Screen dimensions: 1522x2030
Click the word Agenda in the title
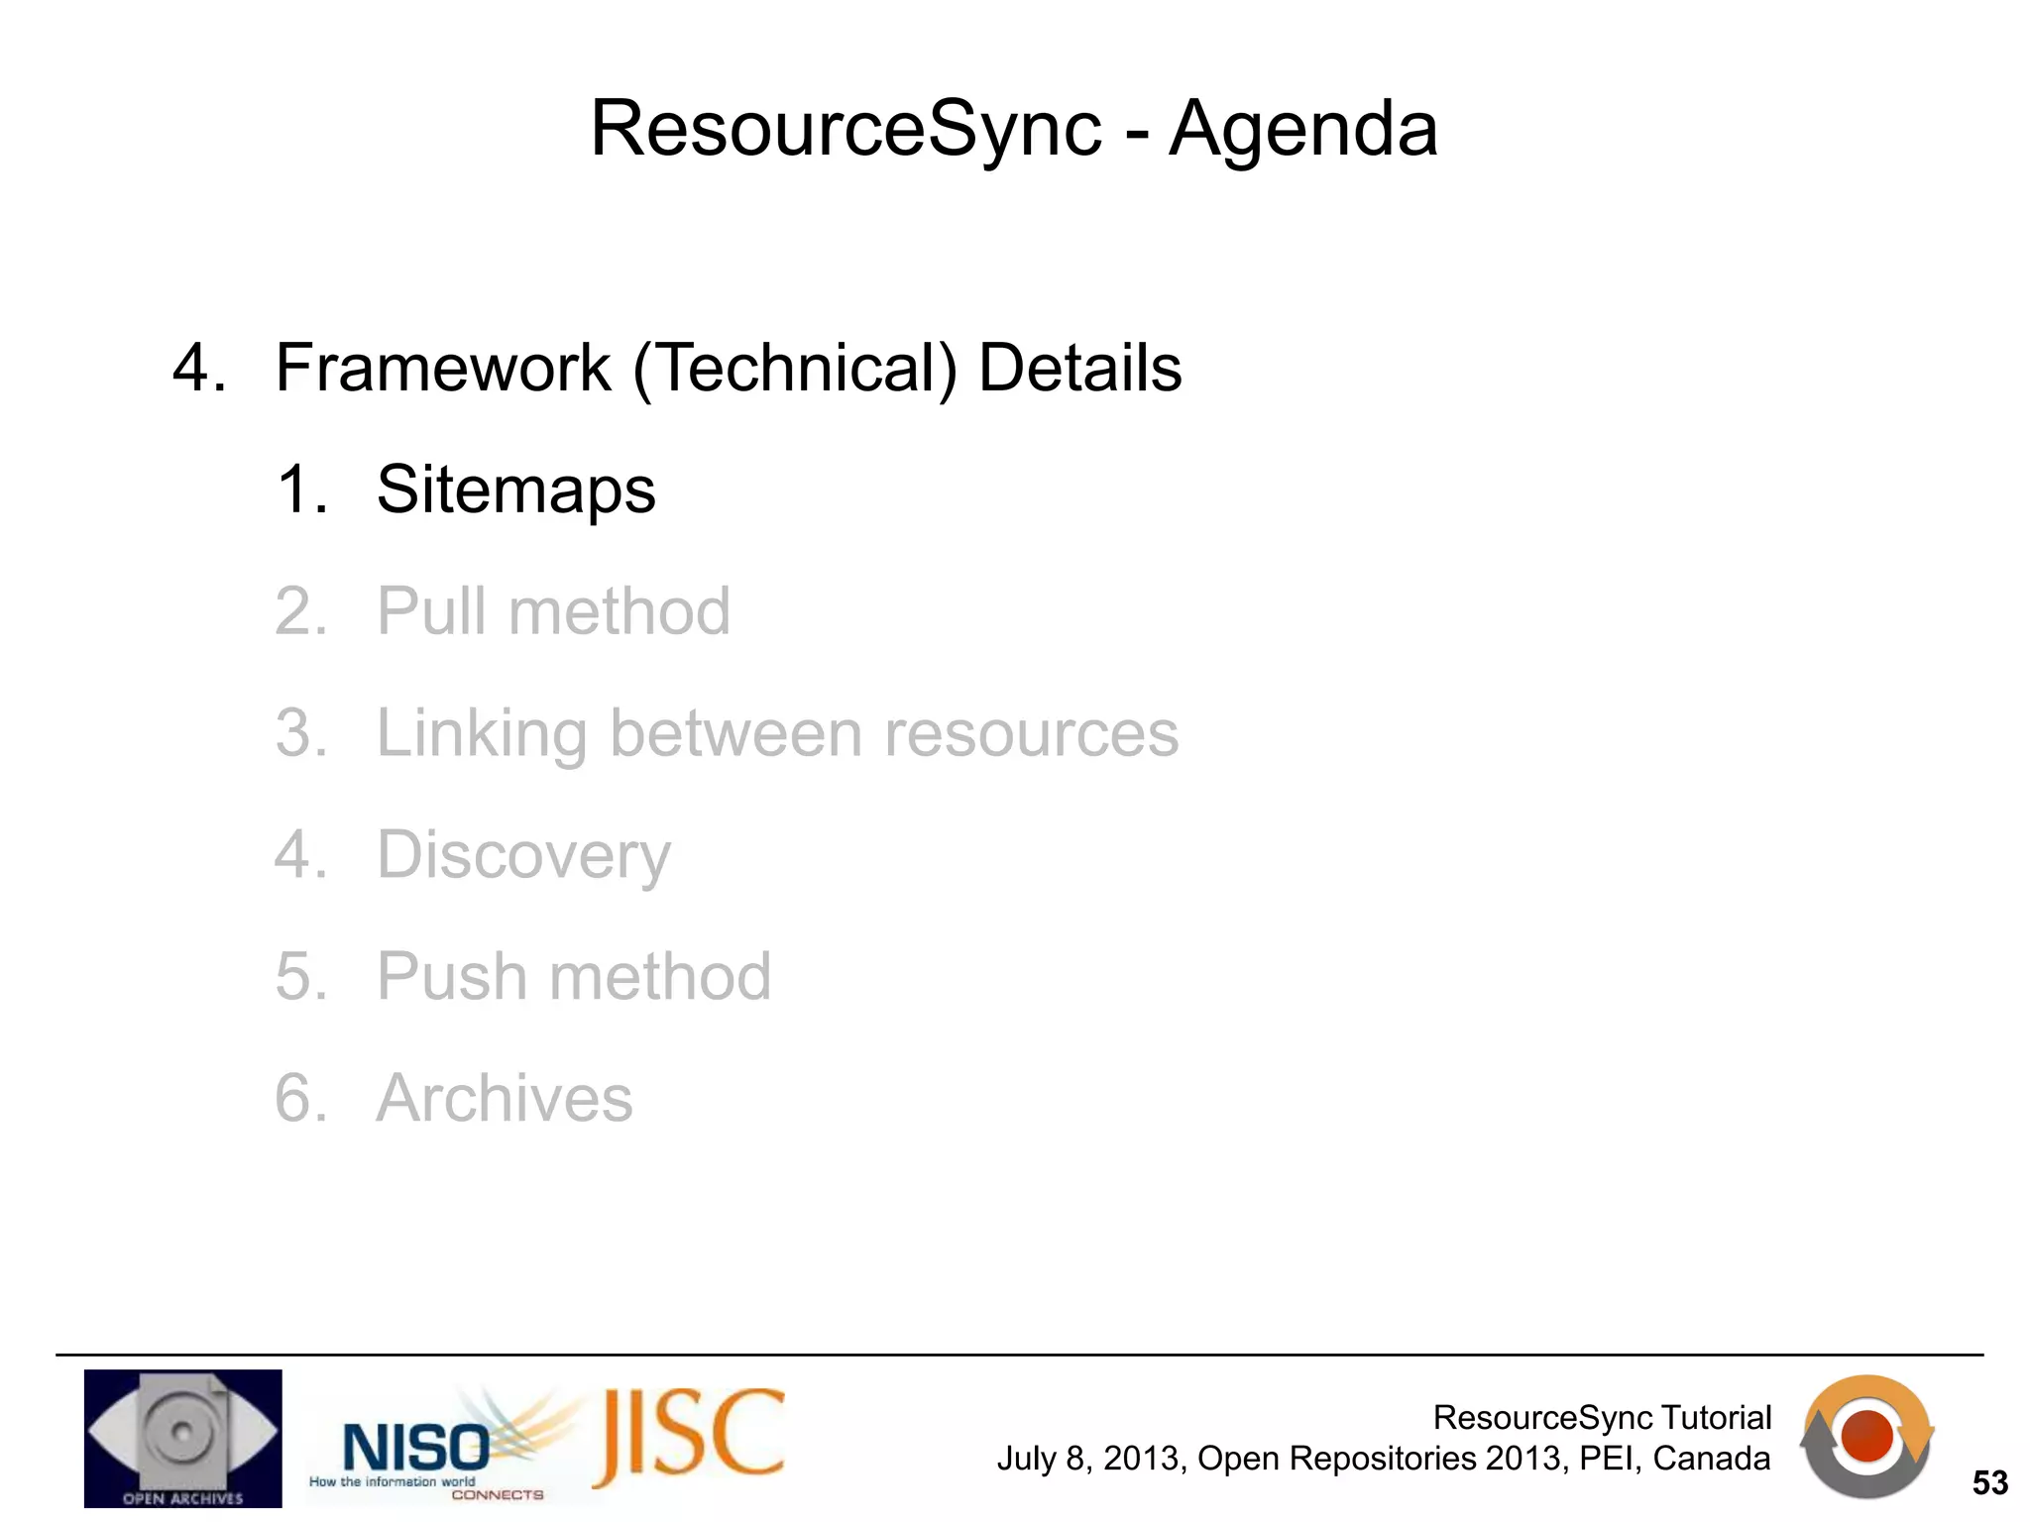coord(1302,129)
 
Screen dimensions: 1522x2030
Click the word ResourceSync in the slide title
coord(846,129)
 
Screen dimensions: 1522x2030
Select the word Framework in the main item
coord(442,369)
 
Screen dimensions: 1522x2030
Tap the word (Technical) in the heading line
coord(795,369)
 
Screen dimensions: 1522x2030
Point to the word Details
coord(1079,369)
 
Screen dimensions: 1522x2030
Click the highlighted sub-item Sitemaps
coord(515,489)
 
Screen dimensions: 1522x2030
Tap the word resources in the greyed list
coord(1031,734)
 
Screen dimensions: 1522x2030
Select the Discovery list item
coord(523,856)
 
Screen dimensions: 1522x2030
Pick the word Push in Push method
coord(452,977)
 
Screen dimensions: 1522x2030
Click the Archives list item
coord(504,1099)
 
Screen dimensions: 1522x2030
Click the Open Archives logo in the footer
coord(182,1438)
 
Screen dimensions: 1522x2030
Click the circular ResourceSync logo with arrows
coord(1866,1437)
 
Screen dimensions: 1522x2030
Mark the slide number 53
coord(1989,1483)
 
